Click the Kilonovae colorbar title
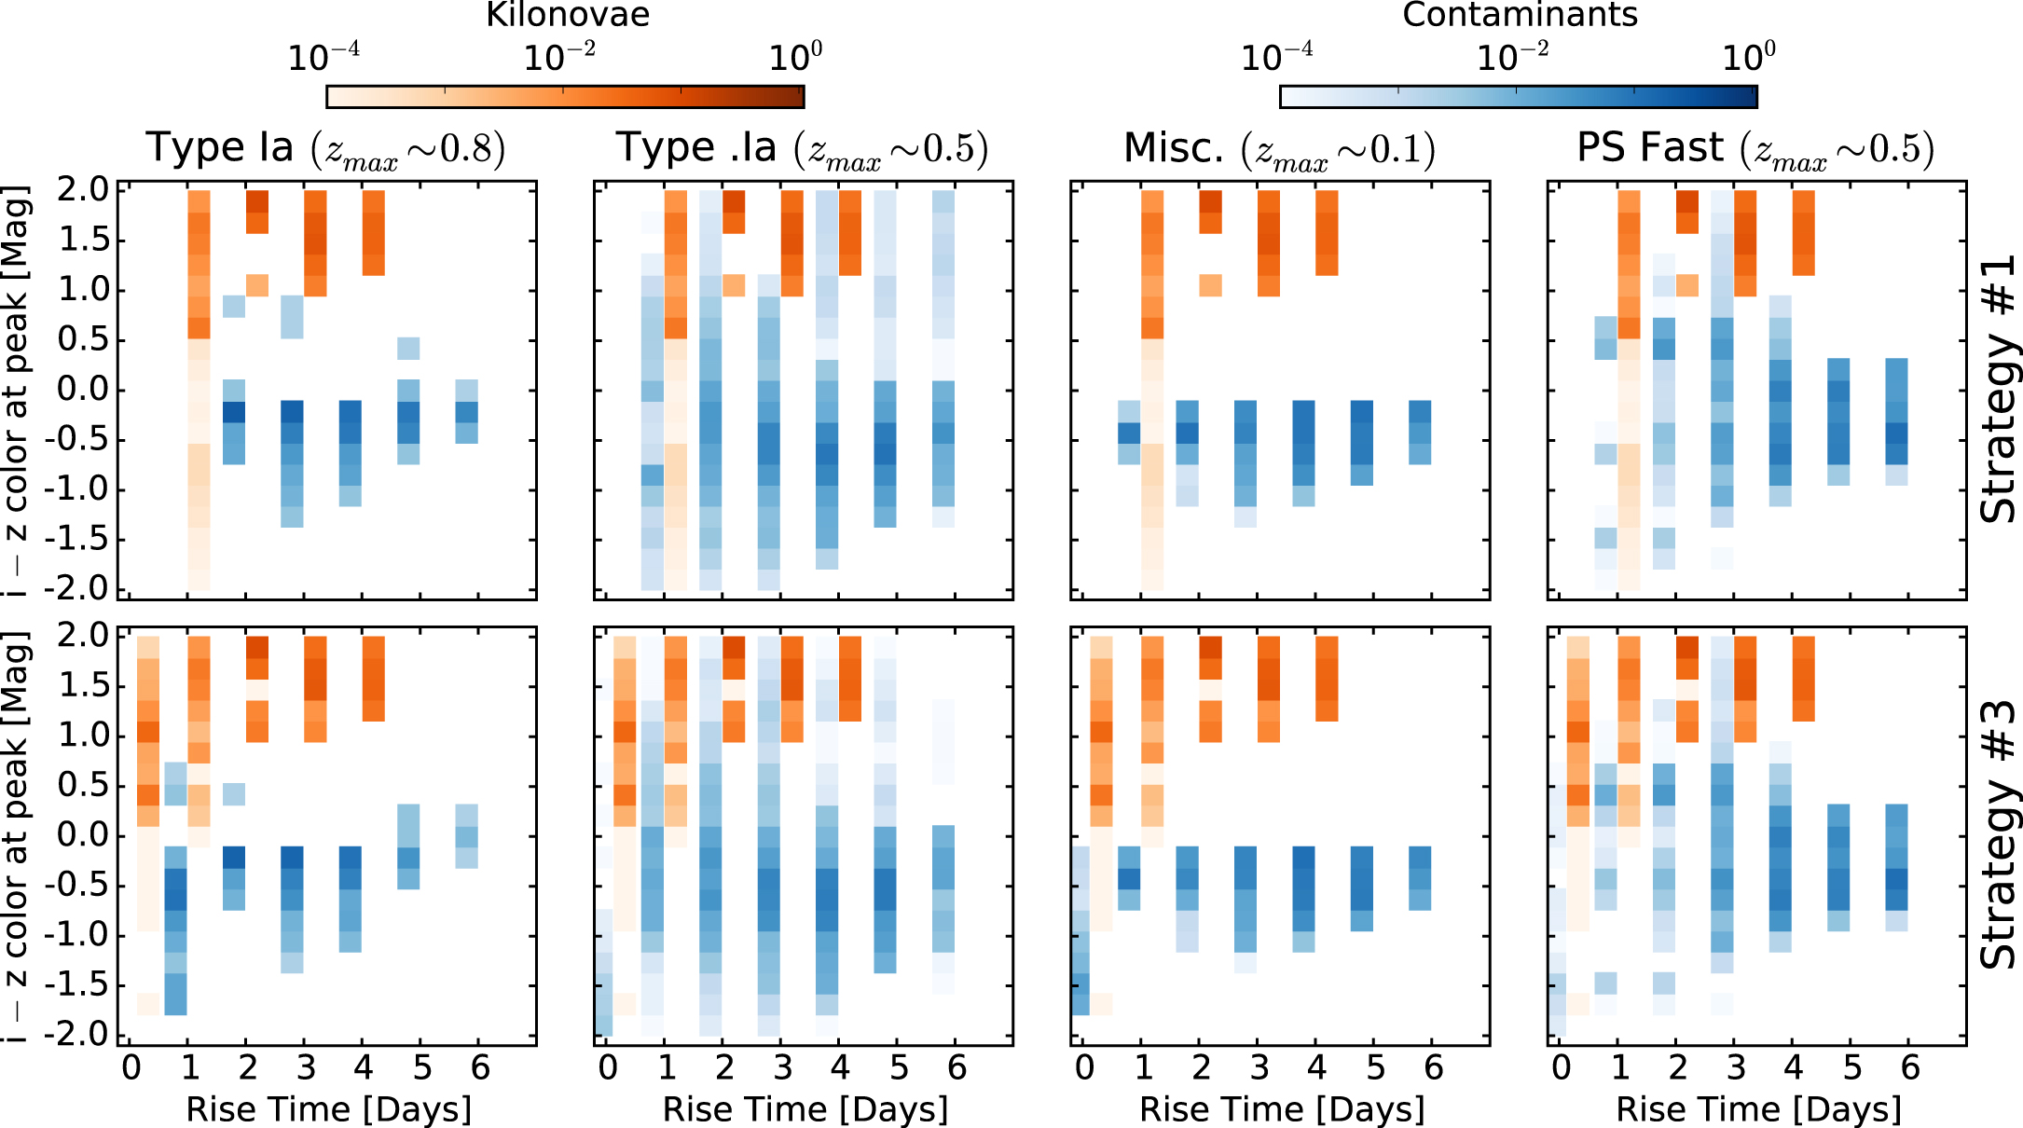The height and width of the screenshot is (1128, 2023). (568, 15)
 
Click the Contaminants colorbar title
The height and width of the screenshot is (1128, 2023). (1520, 15)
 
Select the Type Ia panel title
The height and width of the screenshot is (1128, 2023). (325, 149)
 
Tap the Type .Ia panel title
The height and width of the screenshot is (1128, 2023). (802, 149)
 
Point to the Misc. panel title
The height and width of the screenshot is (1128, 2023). (1279, 149)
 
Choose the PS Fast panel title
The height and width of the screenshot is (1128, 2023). (1755, 149)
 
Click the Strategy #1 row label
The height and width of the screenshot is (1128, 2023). (1998, 390)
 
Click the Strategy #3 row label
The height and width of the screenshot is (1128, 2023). (1998, 835)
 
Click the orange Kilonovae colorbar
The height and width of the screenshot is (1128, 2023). (565, 97)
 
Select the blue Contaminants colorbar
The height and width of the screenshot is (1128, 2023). (1518, 97)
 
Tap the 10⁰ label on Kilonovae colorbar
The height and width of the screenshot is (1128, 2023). (795, 58)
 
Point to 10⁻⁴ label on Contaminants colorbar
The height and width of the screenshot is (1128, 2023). (1276, 58)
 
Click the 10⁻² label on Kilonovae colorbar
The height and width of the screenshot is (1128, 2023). (559, 58)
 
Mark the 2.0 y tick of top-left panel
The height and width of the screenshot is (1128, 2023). (83, 190)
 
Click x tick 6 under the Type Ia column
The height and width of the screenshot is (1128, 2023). (480, 1068)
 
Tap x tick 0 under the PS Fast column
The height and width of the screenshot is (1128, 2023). (1562, 1068)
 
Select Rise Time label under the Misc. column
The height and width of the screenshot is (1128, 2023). (1282, 1109)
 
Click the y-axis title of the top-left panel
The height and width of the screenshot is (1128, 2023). (17, 390)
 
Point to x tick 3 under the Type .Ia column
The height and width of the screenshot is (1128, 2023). (782, 1068)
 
